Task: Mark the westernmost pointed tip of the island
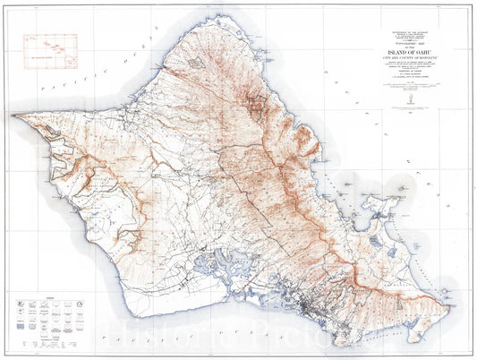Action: coord(13,116)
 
